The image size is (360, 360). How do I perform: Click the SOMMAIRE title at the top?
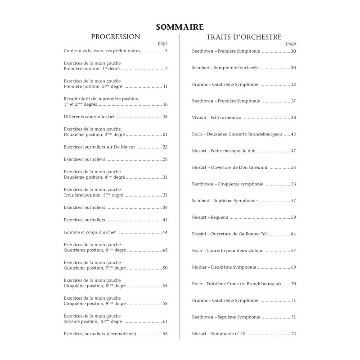click(180, 27)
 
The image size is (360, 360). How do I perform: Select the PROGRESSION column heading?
click(116, 37)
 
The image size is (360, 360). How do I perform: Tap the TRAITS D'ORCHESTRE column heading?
click(244, 37)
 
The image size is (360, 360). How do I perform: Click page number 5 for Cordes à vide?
click(166, 51)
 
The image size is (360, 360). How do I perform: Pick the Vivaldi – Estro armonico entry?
click(217, 117)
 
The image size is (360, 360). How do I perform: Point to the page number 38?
click(293, 117)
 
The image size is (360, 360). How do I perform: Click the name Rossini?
click(199, 234)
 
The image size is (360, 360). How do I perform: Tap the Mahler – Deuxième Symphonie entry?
click(224, 267)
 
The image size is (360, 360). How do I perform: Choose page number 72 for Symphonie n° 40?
click(293, 334)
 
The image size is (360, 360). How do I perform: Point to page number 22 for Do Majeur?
click(165, 147)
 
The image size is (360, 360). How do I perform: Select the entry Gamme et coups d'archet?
click(90, 232)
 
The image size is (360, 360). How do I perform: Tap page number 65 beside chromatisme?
click(165, 334)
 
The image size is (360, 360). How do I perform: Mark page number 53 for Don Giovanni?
click(293, 167)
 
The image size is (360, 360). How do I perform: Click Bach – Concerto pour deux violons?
click(228, 251)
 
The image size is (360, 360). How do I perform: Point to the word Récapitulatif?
click(79, 99)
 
